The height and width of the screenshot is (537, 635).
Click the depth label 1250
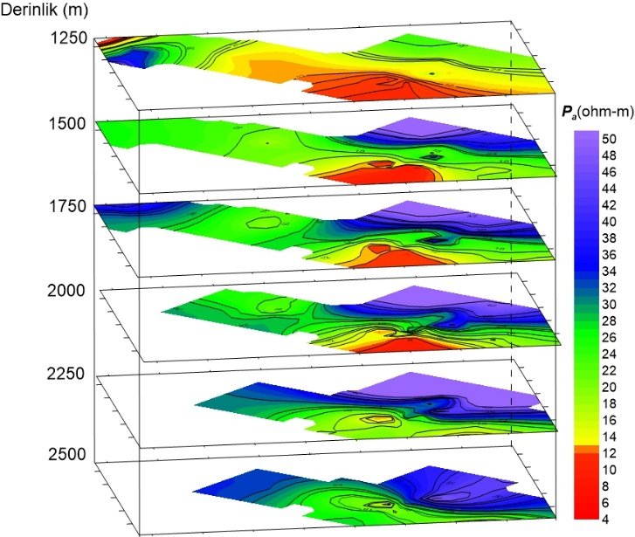click(68, 38)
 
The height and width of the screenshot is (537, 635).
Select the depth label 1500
click(68, 123)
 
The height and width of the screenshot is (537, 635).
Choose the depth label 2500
click(68, 454)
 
